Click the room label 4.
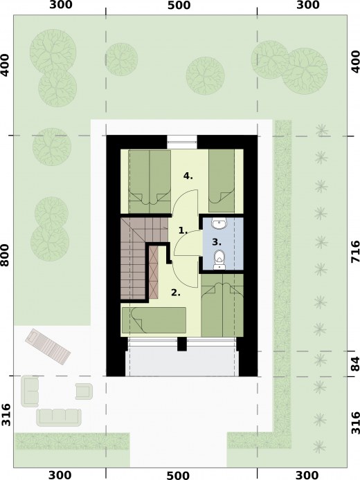tap(188, 176)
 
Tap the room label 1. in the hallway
tap(183, 230)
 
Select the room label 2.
tap(176, 293)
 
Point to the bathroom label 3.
tap(217, 242)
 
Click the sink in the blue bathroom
tap(219, 224)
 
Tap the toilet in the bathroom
tap(219, 259)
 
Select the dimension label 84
tap(355, 364)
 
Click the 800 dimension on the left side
tap(5, 255)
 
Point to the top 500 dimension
tap(179, 6)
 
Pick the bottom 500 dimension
tap(178, 475)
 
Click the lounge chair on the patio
tap(48, 347)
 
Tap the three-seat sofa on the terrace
tap(59, 417)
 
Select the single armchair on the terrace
tap(84, 391)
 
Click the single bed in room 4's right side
tap(222, 181)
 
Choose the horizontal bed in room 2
tap(154, 320)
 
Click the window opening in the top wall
tap(182, 142)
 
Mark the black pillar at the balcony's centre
tap(182, 344)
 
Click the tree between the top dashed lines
tap(206, 75)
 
